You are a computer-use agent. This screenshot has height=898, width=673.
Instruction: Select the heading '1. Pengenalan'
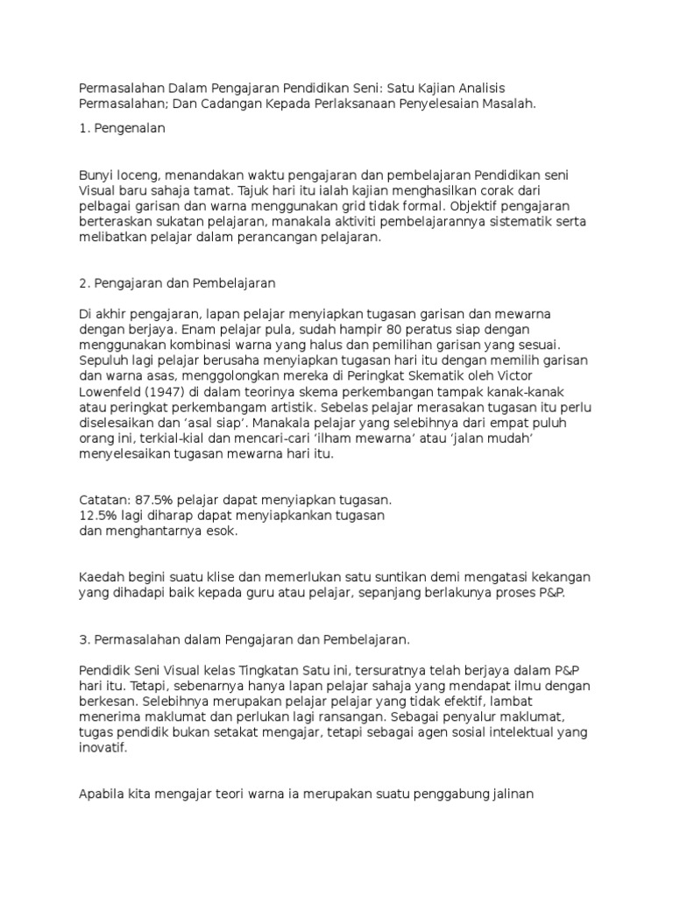(x=122, y=128)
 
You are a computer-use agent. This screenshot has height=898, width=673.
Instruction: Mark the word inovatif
(x=103, y=748)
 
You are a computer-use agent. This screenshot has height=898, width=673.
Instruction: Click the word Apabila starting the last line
(x=103, y=795)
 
